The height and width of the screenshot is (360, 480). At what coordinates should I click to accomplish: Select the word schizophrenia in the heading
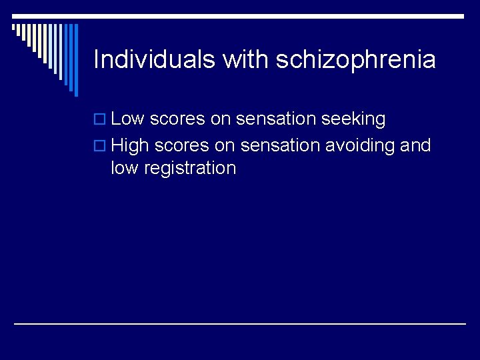355,60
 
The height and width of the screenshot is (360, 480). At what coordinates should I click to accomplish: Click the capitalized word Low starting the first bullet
128,119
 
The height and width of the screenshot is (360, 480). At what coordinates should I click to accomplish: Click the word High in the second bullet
130,145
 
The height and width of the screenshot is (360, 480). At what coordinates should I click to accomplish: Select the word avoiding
361,145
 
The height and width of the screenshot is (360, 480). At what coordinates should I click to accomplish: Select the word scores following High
182,145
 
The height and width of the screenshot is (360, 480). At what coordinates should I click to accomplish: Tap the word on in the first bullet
220,119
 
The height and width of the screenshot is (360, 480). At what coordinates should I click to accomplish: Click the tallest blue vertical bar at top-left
75,60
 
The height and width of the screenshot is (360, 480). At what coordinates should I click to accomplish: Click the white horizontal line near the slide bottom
240,323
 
